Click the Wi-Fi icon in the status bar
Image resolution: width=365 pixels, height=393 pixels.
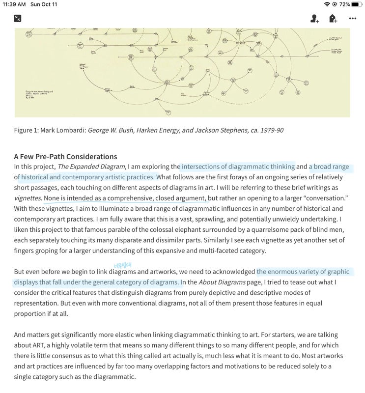327,4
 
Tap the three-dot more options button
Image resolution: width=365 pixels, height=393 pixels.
352,19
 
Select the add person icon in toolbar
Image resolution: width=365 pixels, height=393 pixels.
314,19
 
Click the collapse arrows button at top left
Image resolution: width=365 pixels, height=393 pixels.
18,19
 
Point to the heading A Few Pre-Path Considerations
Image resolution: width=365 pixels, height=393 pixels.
65,157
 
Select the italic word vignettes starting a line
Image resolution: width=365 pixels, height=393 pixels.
28,198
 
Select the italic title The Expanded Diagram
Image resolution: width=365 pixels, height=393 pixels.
91,167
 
